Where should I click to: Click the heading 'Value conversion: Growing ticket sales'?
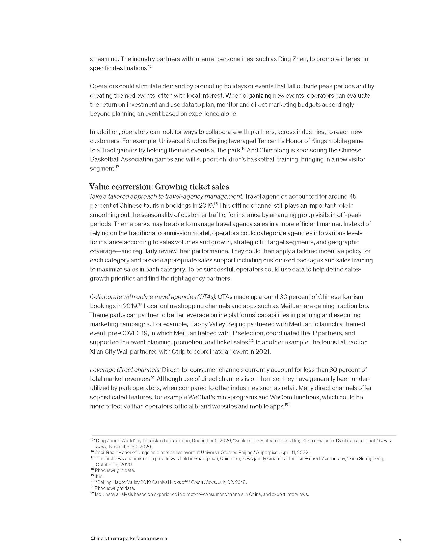point(159,187)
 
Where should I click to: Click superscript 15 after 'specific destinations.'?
point(150,67)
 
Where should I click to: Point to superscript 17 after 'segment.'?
point(117,167)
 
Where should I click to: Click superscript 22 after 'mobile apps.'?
point(287,405)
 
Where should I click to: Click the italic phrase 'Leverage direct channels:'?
point(125,370)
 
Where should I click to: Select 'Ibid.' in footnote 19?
point(99,477)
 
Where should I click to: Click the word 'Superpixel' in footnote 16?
point(267,453)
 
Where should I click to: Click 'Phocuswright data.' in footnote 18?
point(115,470)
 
